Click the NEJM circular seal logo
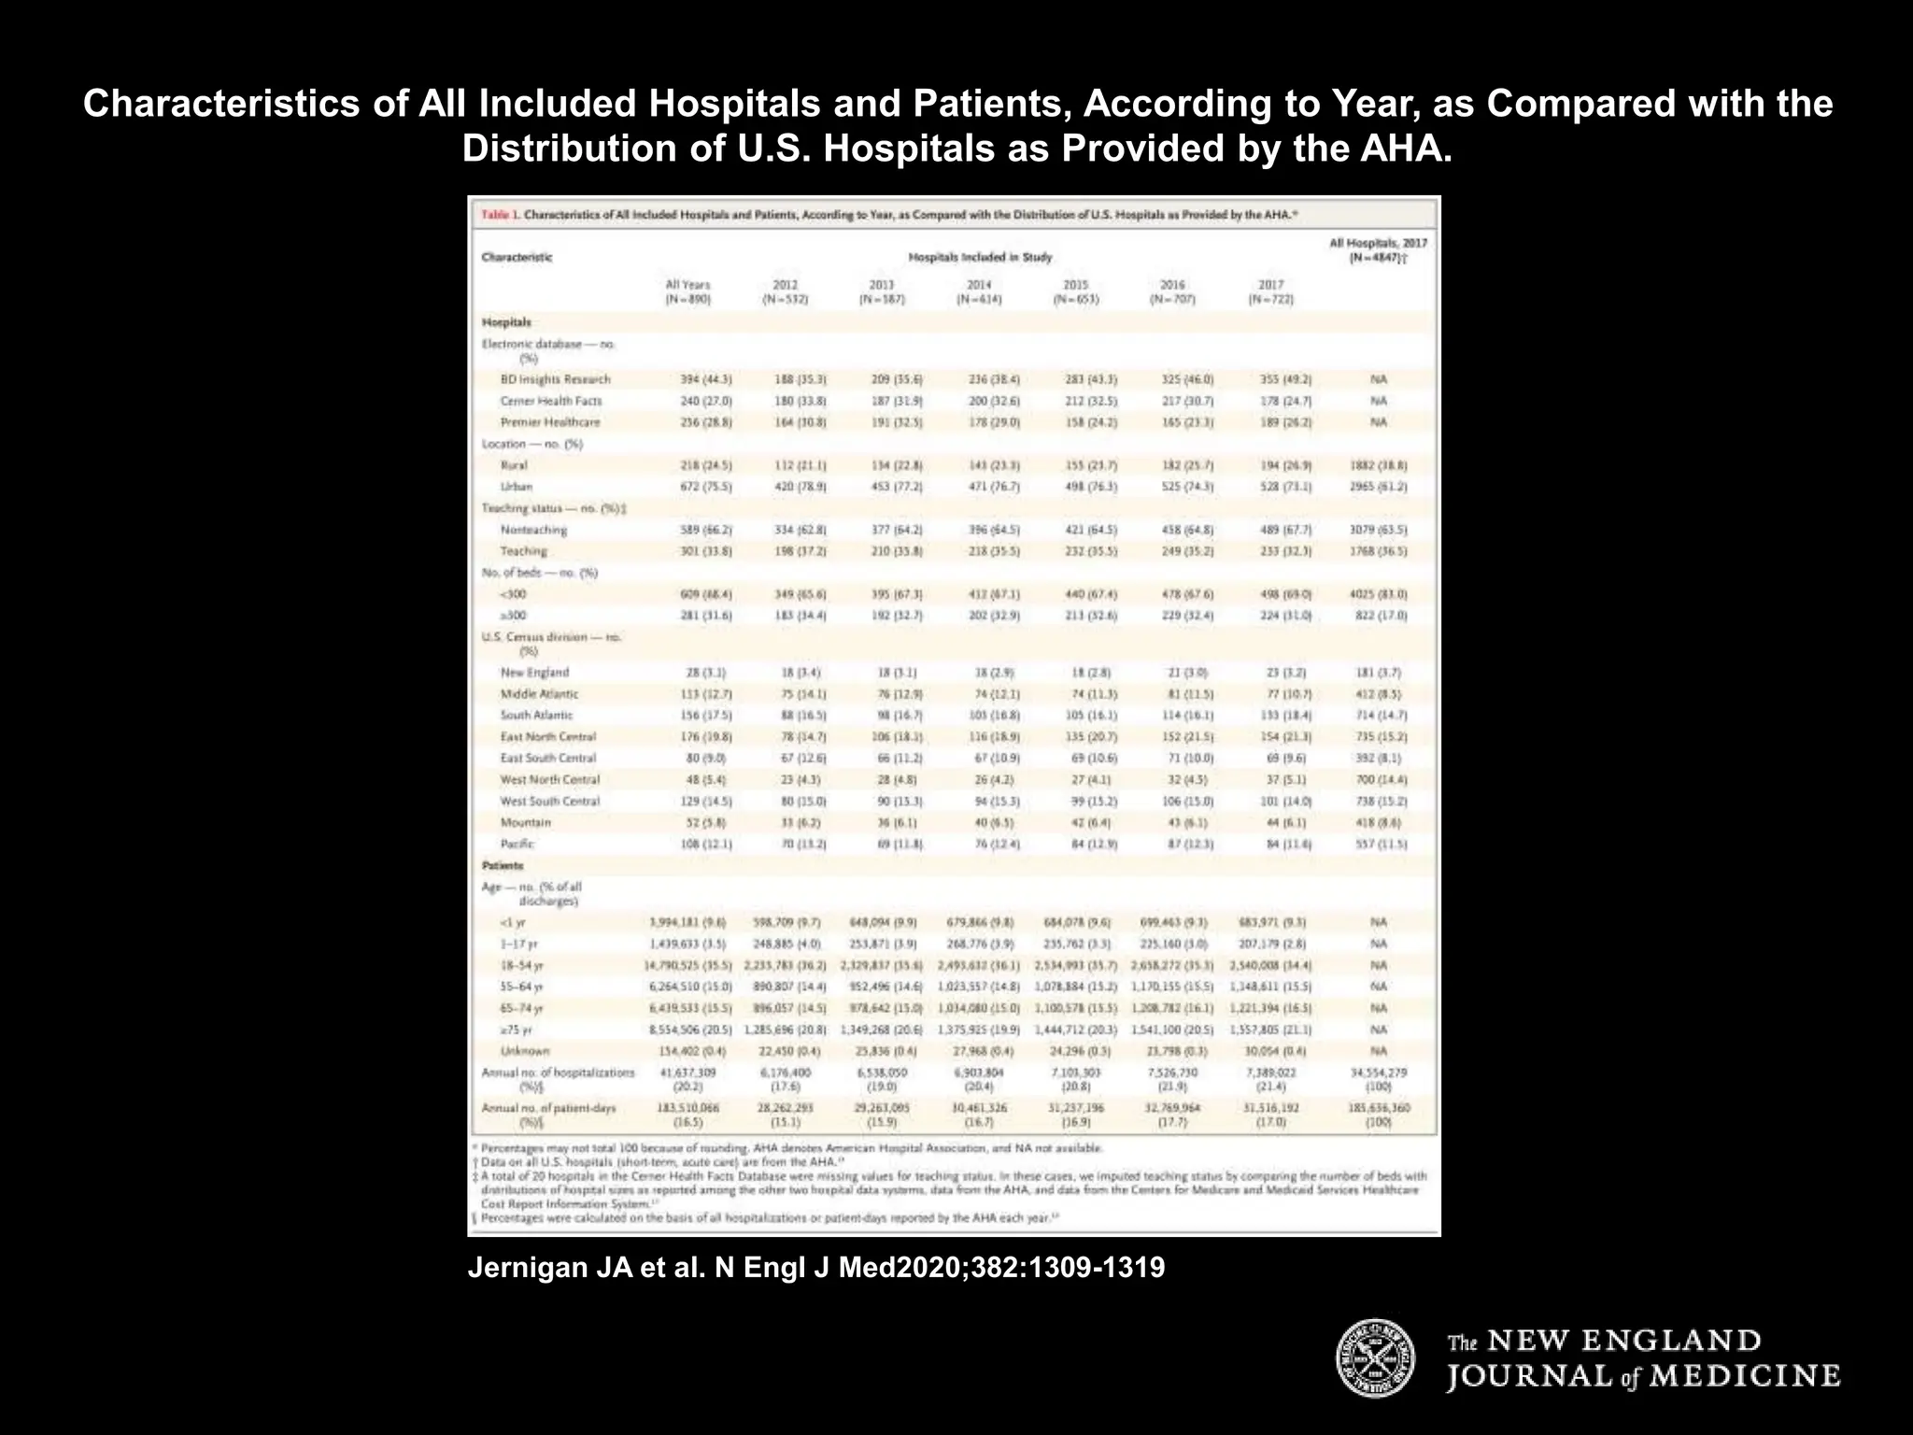[1375, 1358]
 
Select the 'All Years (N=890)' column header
[687, 292]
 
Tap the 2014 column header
[979, 292]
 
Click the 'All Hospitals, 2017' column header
[1378, 249]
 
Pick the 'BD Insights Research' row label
[555, 379]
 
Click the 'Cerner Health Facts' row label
[551, 401]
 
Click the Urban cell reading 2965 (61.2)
[1378, 487]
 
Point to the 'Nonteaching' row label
[533, 530]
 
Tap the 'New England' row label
[534, 673]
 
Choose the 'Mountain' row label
[526, 823]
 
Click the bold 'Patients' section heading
[503, 866]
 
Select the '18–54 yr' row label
[522, 965]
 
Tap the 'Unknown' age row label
[525, 1051]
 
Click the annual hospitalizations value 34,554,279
[1378, 1073]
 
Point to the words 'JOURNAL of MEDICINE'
[1643, 1376]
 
